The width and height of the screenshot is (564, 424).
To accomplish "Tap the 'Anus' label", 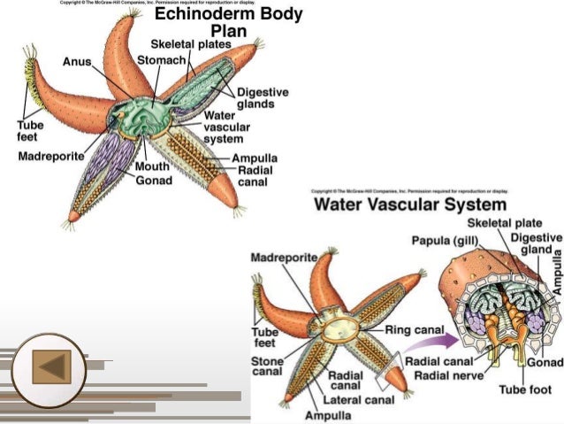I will (77, 61).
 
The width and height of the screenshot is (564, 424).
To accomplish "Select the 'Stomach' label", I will (161, 60).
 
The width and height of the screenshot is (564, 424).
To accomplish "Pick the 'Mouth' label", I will (151, 166).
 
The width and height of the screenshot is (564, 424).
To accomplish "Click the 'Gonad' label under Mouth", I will (153, 180).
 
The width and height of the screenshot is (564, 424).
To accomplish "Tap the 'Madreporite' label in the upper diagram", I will (50, 156).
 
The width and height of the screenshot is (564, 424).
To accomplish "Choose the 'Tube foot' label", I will (523, 389).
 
